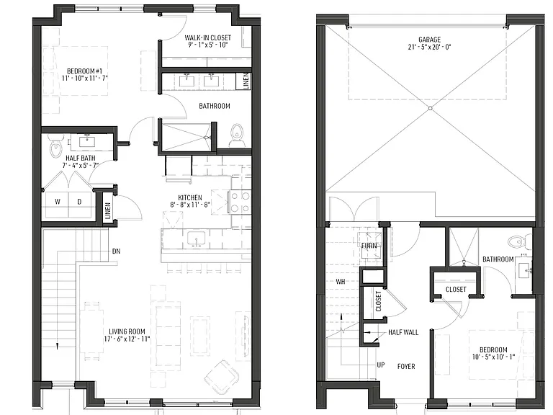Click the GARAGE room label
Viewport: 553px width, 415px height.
[x=430, y=40]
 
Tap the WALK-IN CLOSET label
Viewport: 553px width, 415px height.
[x=207, y=37]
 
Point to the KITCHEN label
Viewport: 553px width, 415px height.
[x=190, y=197]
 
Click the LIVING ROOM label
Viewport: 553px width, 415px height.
[x=127, y=331]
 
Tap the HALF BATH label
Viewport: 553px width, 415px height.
[x=81, y=158]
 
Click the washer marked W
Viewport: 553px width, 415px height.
[x=57, y=205]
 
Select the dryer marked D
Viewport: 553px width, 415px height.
[x=80, y=205]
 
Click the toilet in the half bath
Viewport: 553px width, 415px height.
[x=55, y=147]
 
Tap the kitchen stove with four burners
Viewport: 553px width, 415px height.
[x=240, y=202]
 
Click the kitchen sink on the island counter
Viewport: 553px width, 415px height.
[x=196, y=239]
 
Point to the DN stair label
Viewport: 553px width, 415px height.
[x=117, y=251]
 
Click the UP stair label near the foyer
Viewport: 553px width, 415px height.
[x=381, y=365]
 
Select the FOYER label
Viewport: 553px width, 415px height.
[x=406, y=367]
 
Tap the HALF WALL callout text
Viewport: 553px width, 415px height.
[x=403, y=332]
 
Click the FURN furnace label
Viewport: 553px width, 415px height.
[x=369, y=246]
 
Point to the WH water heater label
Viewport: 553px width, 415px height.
[x=341, y=282]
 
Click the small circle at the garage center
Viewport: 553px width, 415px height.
[x=431, y=108]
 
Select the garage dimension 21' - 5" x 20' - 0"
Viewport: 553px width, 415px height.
[x=430, y=47]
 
